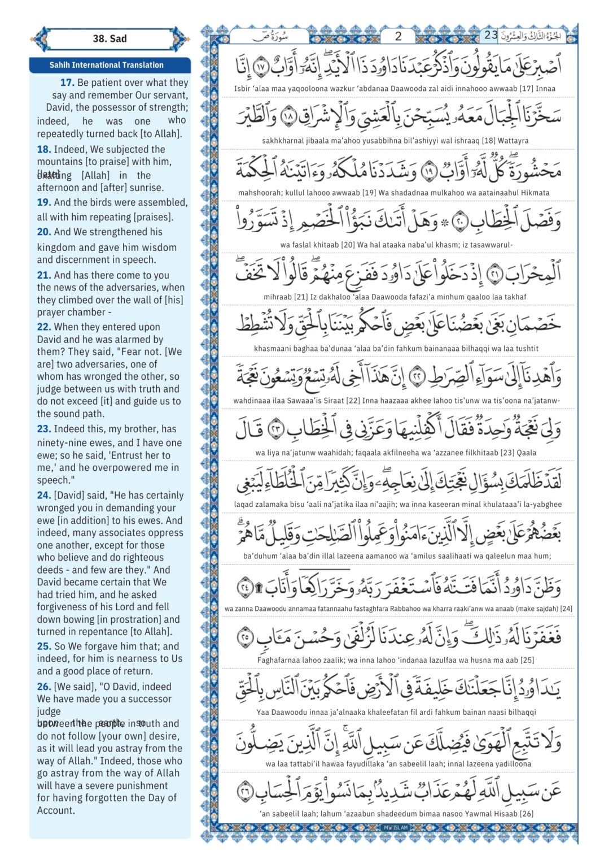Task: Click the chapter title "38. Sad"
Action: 110,38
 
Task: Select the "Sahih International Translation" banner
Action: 106,65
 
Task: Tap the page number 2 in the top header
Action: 398,36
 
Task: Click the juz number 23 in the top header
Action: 491,35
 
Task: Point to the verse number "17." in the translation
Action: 67,83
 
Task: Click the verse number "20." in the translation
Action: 44,232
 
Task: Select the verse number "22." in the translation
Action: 44,327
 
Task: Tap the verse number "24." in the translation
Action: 44,495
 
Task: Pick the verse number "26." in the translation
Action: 44,687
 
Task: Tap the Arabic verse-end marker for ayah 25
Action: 244,636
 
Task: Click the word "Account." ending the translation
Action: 56,810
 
